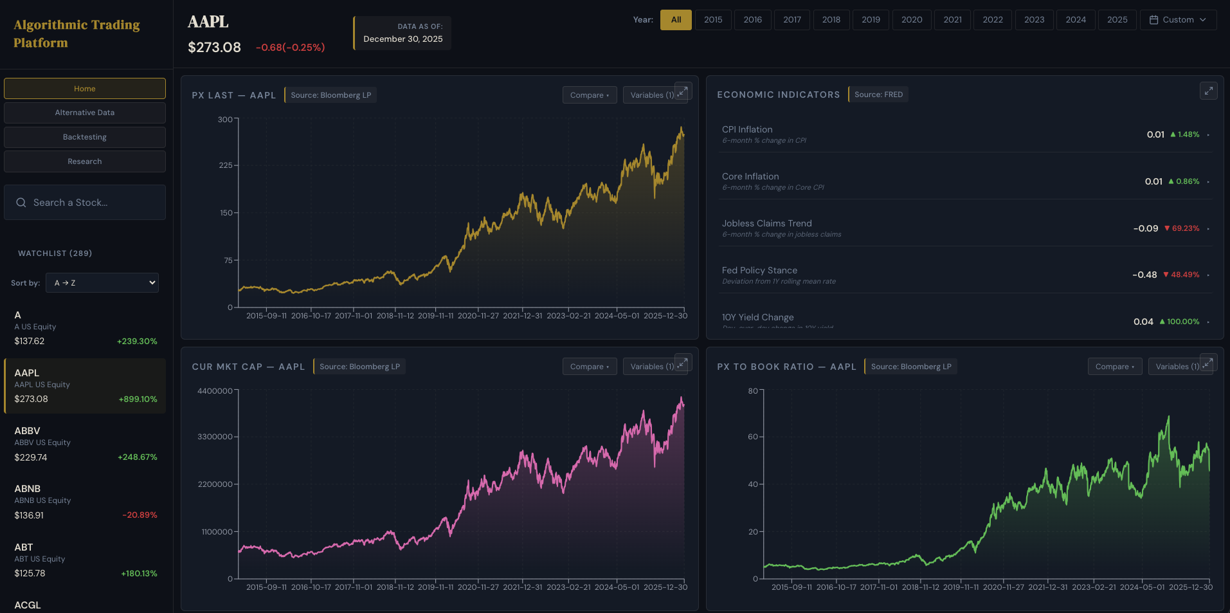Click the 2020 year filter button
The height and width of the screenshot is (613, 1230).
911,20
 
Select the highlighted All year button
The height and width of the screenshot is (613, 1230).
676,20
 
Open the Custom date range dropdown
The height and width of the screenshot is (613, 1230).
1178,20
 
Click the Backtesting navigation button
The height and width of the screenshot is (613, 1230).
85,137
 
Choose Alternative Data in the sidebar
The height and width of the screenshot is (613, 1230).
85,113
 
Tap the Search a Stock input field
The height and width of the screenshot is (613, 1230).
85,203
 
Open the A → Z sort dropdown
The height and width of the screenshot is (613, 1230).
102,283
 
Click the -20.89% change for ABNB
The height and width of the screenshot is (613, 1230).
140,515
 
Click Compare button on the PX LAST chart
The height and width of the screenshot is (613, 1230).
589,95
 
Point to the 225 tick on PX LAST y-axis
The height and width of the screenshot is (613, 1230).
226,165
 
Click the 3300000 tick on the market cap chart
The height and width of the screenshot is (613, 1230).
215,437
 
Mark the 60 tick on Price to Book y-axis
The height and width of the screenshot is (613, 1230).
753,437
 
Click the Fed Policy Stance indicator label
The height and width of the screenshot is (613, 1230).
759,270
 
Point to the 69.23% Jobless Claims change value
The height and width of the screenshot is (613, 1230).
1185,228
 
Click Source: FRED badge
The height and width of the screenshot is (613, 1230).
878,95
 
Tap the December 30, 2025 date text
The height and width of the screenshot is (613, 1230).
403,39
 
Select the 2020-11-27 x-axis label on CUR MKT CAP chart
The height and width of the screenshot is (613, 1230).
478,587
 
